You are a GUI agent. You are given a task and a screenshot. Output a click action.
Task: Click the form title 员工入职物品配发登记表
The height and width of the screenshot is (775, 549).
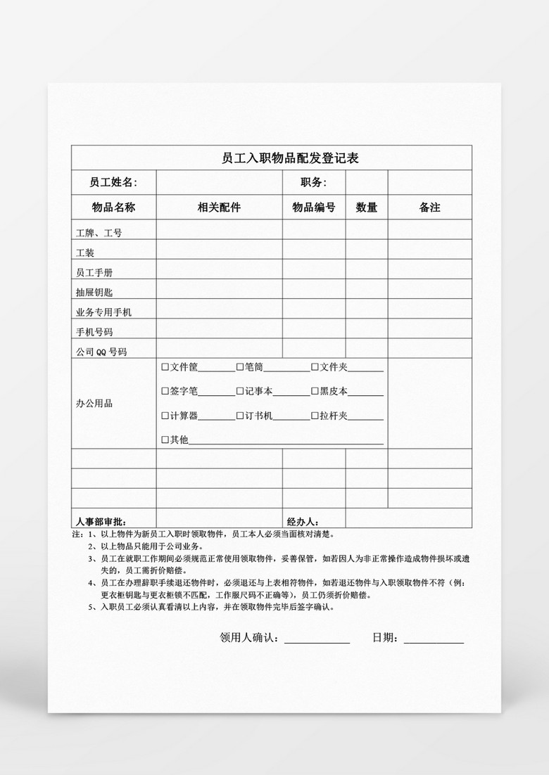click(290, 158)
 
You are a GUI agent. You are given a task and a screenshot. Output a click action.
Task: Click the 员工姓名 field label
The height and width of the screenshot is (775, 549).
click(113, 183)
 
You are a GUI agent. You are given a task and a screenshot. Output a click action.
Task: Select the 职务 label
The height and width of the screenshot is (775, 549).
click(313, 183)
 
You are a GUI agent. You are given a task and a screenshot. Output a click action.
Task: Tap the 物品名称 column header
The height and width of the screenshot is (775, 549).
click(113, 207)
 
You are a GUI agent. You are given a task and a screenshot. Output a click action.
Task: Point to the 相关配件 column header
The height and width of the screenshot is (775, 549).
click(219, 207)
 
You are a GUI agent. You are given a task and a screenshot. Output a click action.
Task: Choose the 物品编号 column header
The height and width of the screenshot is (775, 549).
click(314, 207)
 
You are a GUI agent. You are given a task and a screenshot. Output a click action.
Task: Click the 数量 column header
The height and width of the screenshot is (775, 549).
click(366, 207)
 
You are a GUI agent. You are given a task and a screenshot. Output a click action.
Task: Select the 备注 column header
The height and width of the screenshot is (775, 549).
click(429, 207)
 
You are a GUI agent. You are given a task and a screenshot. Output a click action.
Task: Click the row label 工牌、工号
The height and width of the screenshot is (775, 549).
click(99, 233)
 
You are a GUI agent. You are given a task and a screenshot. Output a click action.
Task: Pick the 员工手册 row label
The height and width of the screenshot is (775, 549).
click(94, 272)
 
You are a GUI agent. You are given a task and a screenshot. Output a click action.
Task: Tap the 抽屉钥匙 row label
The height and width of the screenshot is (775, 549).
click(94, 292)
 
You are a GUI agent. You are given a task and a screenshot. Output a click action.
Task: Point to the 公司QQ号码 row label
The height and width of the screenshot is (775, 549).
click(101, 351)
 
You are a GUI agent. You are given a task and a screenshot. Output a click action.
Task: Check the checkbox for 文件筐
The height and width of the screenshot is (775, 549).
click(165, 367)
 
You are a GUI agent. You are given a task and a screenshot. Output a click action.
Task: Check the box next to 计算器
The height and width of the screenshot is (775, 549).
click(165, 416)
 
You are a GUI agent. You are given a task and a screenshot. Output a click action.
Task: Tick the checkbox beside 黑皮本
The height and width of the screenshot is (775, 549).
click(315, 391)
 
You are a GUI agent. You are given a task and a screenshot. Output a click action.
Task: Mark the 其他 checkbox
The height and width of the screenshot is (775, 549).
click(165, 440)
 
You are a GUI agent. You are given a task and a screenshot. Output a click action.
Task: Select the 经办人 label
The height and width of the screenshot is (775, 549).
click(303, 522)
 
